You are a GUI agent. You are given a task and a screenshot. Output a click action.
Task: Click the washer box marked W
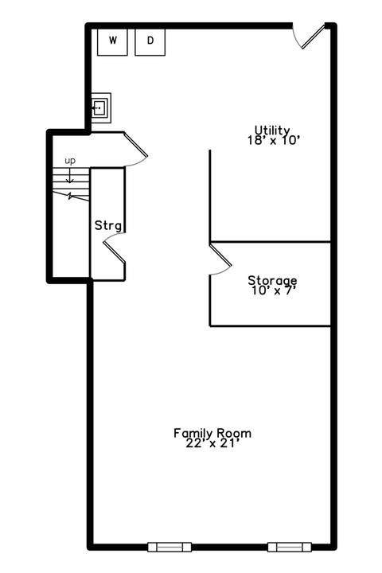112,42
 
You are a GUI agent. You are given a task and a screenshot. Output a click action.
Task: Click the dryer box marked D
150,42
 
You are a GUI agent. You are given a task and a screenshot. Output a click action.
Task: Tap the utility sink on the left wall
100,107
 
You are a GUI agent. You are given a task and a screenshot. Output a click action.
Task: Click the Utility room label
272,130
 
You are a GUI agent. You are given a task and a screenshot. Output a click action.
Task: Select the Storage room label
272,280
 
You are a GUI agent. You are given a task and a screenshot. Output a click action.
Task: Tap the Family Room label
212,433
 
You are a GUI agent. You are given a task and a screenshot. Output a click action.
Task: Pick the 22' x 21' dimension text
212,443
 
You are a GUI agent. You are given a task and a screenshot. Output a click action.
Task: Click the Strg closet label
108,225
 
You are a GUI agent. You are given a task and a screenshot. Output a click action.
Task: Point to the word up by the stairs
70,161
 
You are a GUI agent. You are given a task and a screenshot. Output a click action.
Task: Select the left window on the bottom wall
170,547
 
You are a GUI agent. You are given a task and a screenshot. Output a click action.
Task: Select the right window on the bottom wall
290,547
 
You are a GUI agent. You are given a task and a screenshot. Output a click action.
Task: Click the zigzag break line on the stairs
71,196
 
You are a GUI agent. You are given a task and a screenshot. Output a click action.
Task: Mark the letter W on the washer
113,41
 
